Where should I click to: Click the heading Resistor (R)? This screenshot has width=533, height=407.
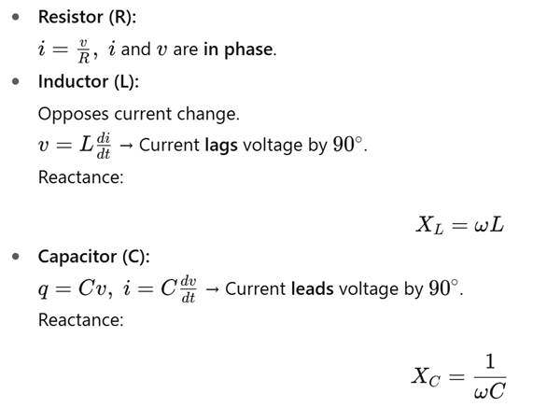[87, 17]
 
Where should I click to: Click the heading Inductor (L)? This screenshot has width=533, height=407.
[89, 81]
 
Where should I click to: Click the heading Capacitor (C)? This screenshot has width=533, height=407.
[94, 257]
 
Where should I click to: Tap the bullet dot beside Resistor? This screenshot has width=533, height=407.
[16, 17]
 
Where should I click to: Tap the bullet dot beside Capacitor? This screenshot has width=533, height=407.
[16, 257]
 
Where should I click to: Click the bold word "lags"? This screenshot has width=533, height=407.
[221, 146]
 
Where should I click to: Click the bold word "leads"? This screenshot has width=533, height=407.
[313, 289]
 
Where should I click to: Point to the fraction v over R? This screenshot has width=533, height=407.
[84, 51]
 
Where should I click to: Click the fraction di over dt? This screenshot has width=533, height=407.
[104, 147]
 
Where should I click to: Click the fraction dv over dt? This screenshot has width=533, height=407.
[189, 289]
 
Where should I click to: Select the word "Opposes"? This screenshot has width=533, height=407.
[74, 114]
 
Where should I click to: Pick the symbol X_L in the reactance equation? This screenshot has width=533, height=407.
[430, 225]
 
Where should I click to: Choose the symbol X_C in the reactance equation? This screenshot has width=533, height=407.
[426, 377]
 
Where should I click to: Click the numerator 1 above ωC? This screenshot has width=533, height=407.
[490, 361]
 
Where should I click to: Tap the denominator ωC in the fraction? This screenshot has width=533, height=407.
[490, 391]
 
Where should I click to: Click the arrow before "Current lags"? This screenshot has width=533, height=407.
[126, 147]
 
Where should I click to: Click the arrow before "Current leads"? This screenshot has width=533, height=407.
[213, 289]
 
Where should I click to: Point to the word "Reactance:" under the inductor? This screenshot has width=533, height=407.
[81, 177]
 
